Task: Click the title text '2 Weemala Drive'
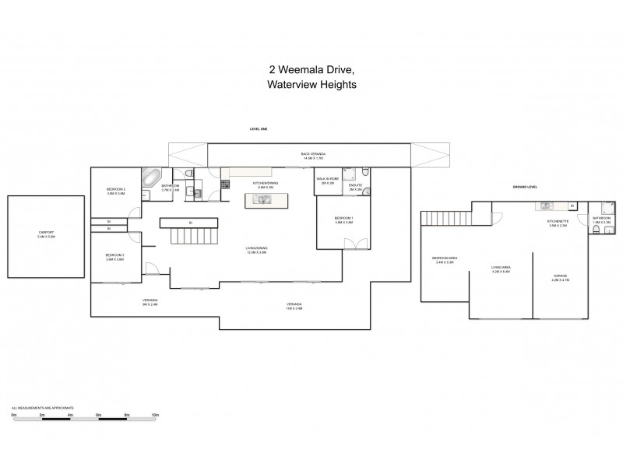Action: click(311, 69)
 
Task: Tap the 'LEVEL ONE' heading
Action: click(258, 129)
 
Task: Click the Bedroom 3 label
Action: click(115, 258)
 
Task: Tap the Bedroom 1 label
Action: click(343, 219)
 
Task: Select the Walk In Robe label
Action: click(327, 180)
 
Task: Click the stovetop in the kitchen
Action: click(225, 184)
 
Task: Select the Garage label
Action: click(560, 278)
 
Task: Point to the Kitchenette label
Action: click(558, 223)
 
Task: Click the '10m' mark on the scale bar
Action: click(155, 416)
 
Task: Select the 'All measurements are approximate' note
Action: click(43, 407)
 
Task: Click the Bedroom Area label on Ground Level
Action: click(444, 260)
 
